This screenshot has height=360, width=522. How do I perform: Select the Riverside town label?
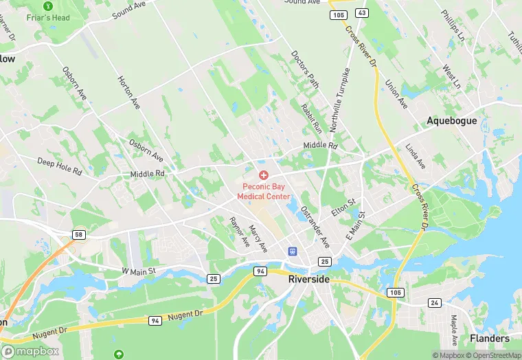tap(309, 280)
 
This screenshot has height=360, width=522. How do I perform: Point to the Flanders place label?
tap(490, 338)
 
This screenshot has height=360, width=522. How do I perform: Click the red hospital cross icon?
tap(264, 176)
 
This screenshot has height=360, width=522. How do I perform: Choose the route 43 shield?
tap(362, 13)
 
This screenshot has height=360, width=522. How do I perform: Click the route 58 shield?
tap(79, 235)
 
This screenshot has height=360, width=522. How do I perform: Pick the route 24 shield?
tap(434, 302)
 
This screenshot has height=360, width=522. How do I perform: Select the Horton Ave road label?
tap(129, 93)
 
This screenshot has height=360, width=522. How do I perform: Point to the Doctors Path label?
tap(305, 69)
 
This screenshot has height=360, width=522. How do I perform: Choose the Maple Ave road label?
tap(454, 330)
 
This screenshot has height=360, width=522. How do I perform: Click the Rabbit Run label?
tap(311, 117)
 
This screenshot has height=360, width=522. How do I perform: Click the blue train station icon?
tap(292, 252)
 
